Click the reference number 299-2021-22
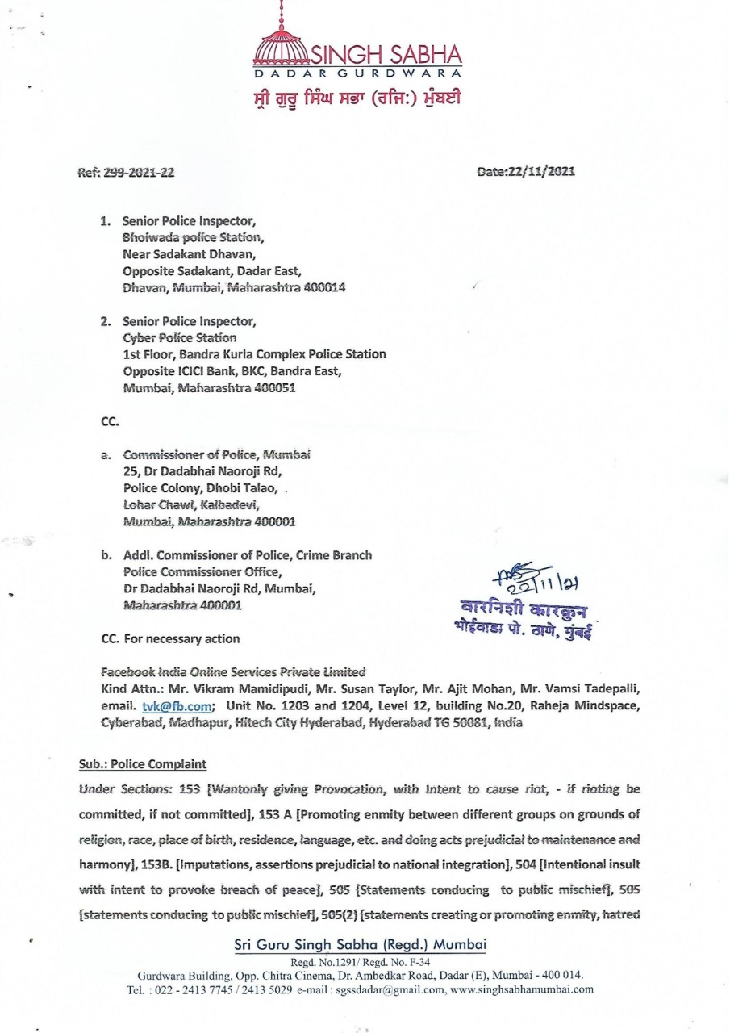pyautogui.click(x=139, y=172)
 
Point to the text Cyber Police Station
pyautogui.click(x=180, y=337)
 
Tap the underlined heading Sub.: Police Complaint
pyautogui.click(x=143, y=763)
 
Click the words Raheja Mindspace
pyautogui.click(x=594, y=706)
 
